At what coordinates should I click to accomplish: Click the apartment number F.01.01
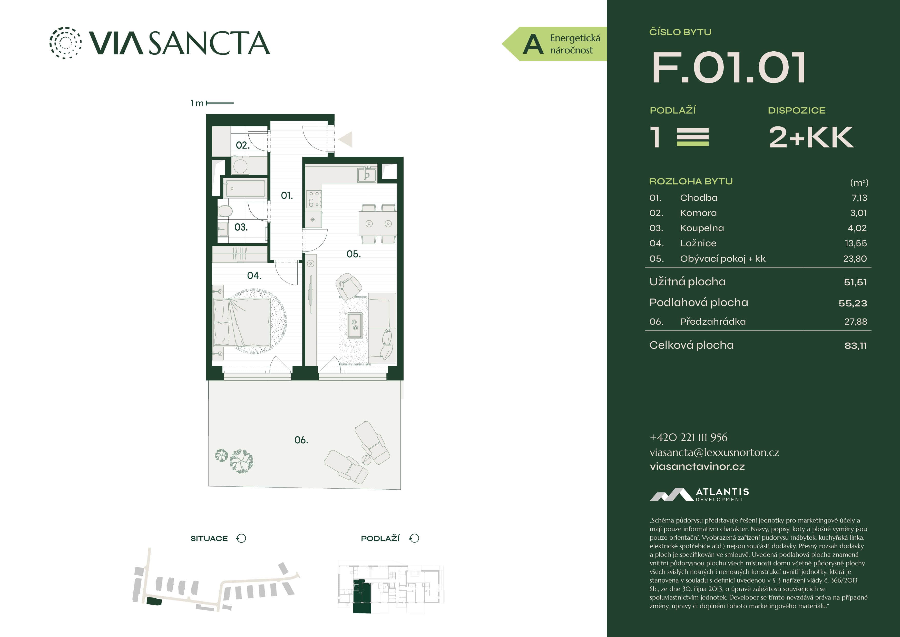[728, 68]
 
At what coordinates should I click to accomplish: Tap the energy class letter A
[533, 44]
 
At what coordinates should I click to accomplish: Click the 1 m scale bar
[220, 103]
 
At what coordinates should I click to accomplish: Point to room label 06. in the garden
[301, 440]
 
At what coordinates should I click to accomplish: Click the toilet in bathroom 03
[225, 211]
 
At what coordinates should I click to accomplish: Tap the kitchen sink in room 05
[367, 174]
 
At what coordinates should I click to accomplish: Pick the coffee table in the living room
[354, 325]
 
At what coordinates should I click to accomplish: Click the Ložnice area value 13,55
[856, 243]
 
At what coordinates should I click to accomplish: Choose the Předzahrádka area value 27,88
[855, 322]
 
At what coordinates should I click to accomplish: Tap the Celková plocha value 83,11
[856, 346]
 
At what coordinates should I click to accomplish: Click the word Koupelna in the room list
[702, 228]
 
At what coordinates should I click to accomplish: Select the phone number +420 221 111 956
[688, 437]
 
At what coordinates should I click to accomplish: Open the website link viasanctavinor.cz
[697, 467]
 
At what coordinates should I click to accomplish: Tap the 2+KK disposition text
[811, 137]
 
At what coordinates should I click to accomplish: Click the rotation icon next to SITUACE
[241, 538]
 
